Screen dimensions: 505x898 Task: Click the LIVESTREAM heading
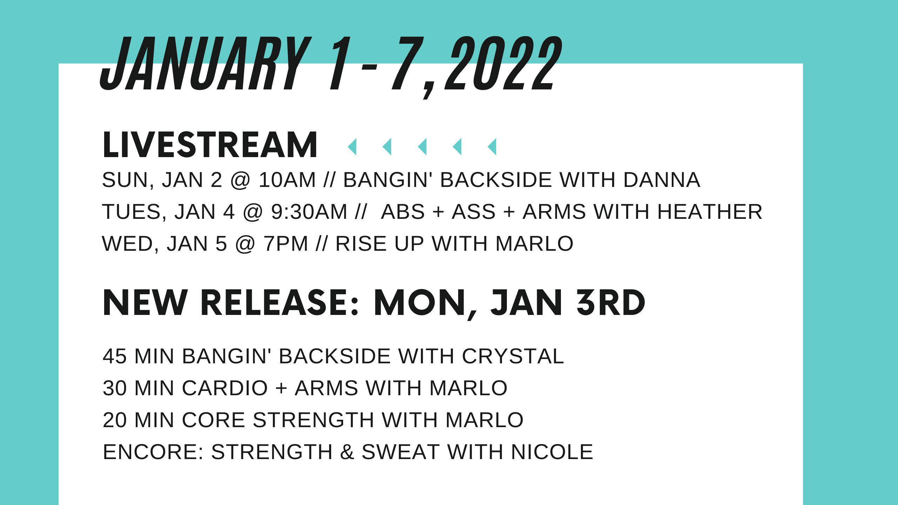(x=210, y=145)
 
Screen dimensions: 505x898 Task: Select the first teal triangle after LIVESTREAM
(x=353, y=147)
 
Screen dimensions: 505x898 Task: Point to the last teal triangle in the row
(x=492, y=147)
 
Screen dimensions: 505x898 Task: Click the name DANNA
(x=662, y=180)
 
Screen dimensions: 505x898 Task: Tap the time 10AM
(x=287, y=180)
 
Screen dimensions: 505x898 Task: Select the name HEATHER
(x=710, y=212)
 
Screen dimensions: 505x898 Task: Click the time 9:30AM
(x=309, y=212)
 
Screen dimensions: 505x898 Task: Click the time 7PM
(x=286, y=244)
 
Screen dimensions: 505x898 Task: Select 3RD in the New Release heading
(x=611, y=303)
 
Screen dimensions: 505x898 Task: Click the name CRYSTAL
(x=512, y=356)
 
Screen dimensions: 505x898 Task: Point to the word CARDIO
(x=225, y=388)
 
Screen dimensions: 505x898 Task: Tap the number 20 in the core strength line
(x=115, y=420)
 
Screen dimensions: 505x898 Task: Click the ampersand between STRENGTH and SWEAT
(x=347, y=452)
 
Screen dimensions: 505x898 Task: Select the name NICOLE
(x=552, y=452)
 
